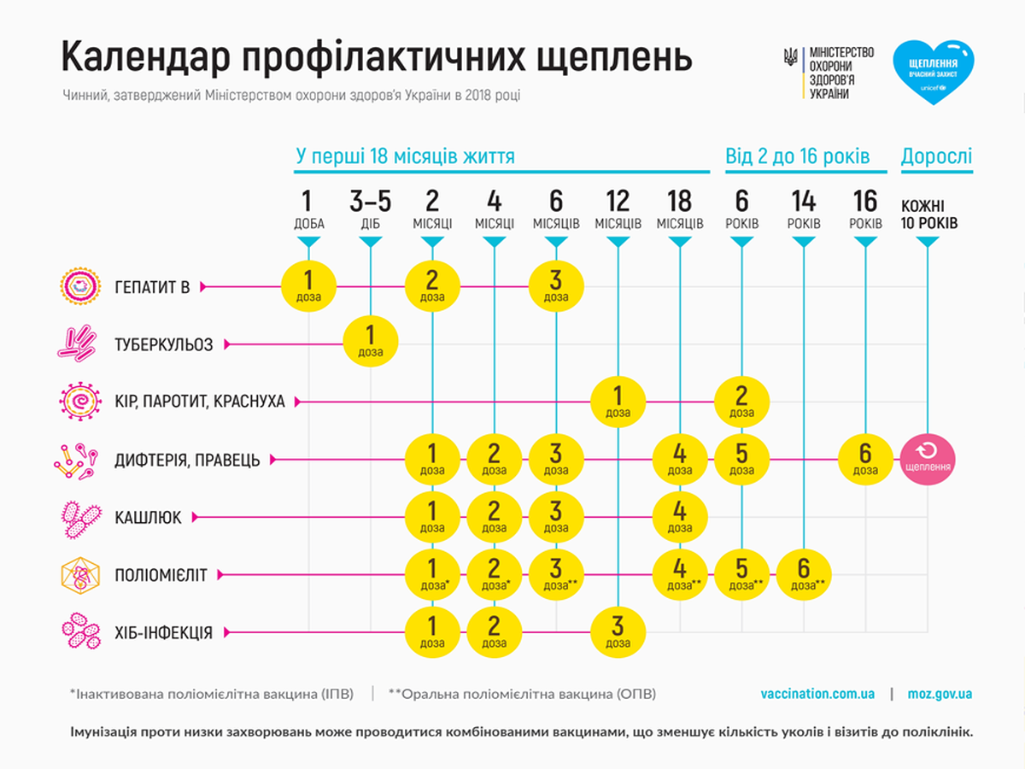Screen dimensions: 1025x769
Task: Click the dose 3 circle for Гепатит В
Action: (x=556, y=286)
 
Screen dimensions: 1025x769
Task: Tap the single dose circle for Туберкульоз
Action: (x=371, y=341)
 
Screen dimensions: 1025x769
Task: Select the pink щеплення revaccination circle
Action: (x=928, y=460)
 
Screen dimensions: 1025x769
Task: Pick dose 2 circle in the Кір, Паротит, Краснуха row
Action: (x=741, y=402)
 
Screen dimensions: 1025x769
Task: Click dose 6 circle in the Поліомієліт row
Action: (x=804, y=575)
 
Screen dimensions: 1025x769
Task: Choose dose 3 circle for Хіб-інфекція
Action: (x=618, y=632)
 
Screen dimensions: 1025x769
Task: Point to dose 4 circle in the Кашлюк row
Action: (x=680, y=517)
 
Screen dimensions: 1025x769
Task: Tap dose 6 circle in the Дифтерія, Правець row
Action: (x=865, y=460)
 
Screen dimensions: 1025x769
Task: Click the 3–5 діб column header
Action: (x=371, y=209)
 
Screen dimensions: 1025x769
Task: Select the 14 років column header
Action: (x=804, y=209)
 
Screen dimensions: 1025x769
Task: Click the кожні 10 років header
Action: (x=928, y=214)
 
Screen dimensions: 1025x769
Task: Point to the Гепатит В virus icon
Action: (x=80, y=286)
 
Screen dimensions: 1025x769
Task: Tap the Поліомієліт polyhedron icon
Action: (x=80, y=575)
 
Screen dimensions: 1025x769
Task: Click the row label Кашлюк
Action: (x=148, y=517)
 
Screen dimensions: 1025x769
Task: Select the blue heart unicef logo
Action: (x=933, y=73)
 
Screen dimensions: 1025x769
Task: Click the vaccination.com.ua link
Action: (x=817, y=694)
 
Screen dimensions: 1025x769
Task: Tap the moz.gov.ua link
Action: (x=940, y=694)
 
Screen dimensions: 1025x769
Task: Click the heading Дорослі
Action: (x=936, y=156)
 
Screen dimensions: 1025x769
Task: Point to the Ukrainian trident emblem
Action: (x=790, y=57)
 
